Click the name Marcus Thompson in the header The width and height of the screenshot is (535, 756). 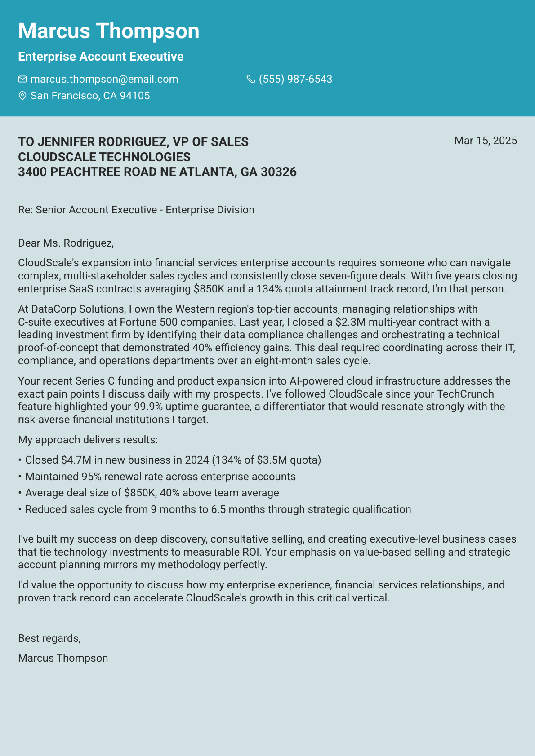point(109,31)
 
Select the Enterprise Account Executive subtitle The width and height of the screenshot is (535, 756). point(101,57)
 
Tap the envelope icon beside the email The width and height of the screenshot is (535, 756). point(22,80)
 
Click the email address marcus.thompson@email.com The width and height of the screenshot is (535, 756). point(104,80)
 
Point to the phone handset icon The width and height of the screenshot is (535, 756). point(251,80)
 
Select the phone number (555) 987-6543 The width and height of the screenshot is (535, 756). point(295,80)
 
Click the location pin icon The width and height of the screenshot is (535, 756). point(22,96)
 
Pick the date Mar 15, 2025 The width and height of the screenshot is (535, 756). point(486,141)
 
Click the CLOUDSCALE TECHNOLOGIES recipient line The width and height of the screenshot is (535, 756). point(104,157)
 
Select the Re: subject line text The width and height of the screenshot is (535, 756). point(136,210)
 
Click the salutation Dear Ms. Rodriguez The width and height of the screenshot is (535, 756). point(66,243)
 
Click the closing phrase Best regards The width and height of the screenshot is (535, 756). point(49,638)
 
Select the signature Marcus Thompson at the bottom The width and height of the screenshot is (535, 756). point(63,658)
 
